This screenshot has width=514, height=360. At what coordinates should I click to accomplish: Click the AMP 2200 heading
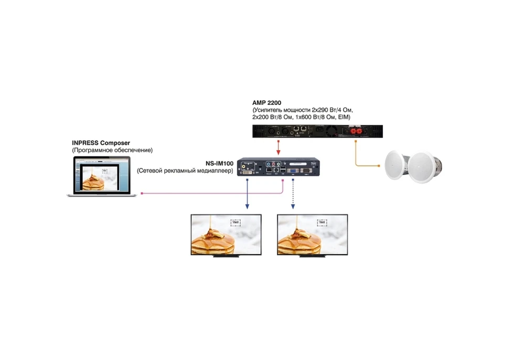(267, 102)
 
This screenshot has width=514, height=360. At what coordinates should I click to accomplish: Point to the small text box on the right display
(322, 223)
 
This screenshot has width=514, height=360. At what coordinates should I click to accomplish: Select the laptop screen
(100, 176)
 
